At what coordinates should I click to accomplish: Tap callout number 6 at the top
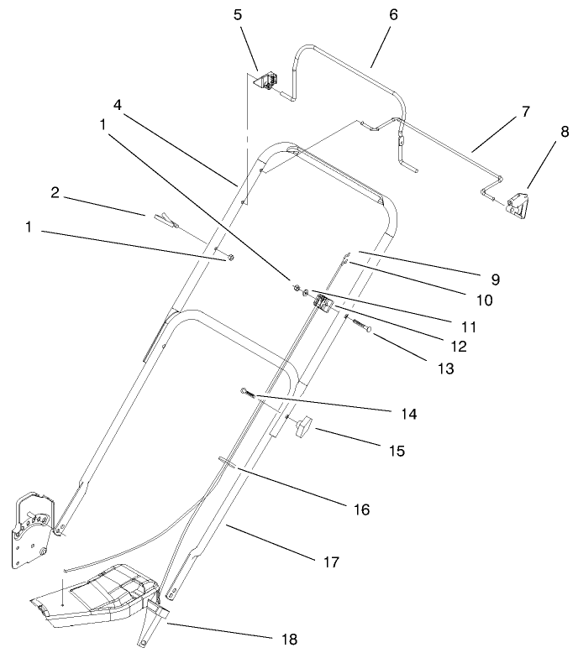coord(393,15)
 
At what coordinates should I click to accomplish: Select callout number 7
coord(525,112)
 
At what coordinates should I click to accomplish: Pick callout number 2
coord(55,192)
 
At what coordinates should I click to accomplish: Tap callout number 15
coord(397,451)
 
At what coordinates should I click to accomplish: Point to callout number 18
coord(290,640)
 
